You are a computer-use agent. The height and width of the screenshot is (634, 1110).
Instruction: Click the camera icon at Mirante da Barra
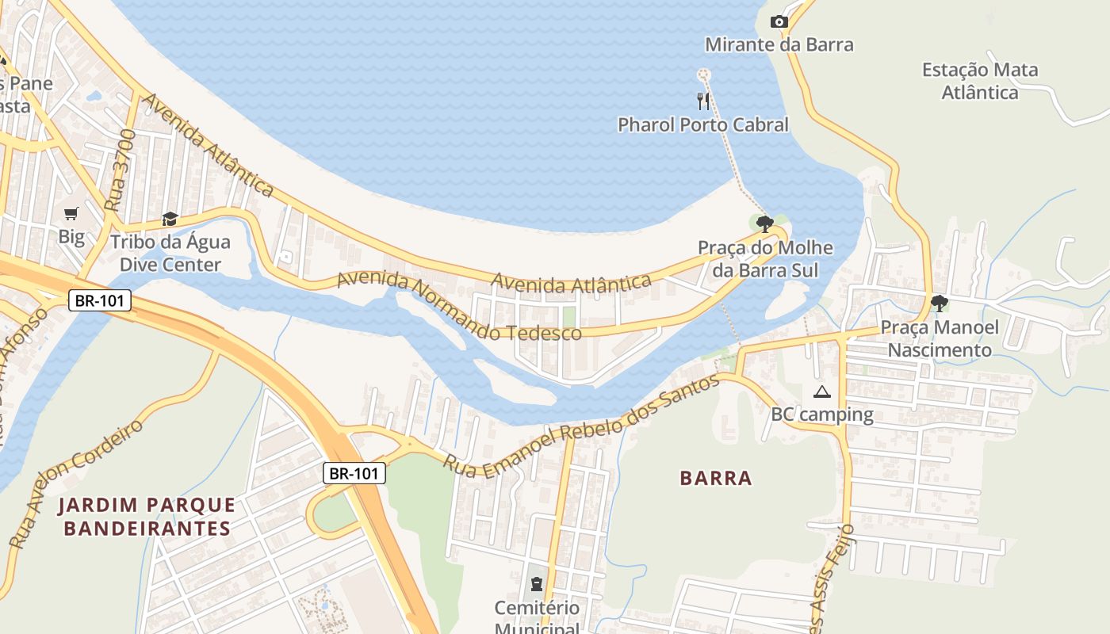779,21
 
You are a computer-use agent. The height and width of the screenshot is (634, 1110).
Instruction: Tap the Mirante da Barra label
779,44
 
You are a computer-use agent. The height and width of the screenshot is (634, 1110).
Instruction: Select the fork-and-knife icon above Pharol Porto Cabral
703,101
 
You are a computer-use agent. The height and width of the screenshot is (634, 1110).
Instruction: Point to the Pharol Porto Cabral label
703,124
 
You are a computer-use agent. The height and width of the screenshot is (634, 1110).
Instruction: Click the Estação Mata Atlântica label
980,81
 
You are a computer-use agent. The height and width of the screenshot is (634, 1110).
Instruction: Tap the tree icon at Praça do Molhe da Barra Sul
764,223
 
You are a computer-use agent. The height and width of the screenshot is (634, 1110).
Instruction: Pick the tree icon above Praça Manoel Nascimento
939,303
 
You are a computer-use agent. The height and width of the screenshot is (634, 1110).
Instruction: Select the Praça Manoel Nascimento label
940,338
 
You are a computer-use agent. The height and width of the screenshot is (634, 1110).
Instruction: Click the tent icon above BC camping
821,391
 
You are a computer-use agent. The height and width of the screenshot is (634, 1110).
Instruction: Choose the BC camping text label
822,414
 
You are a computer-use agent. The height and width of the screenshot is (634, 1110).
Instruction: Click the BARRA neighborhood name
716,478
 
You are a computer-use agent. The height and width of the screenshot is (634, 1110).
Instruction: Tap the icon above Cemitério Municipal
537,586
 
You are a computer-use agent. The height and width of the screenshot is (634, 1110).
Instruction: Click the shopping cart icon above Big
71,212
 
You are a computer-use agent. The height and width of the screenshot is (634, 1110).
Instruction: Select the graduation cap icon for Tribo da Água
170,219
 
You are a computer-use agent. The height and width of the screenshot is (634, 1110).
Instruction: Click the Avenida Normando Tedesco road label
459,307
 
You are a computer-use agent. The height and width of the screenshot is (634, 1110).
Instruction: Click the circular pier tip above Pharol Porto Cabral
703,74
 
